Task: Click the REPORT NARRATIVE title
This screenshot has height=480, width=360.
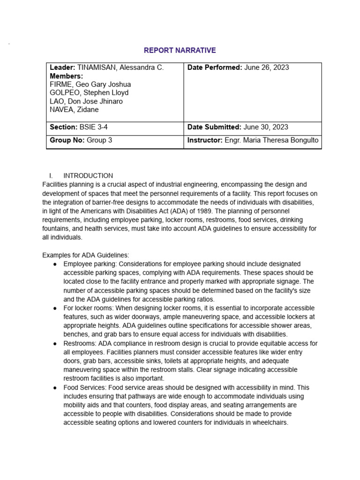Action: (x=180, y=50)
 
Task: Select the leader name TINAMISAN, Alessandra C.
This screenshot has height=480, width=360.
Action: (x=120, y=67)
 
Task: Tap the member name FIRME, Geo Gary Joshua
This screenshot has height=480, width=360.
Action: (x=90, y=84)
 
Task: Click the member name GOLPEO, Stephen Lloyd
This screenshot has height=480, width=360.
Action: (x=90, y=93)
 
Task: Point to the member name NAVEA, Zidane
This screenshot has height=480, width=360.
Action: (x=74, y=110)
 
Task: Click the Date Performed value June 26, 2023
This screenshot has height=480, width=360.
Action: (x=267, y=67)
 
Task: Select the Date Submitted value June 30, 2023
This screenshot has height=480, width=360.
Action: (x=266, y=127)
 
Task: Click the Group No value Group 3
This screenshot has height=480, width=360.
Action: (x=99, y=140)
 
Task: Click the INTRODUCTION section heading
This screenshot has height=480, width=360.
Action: (x=88, y=176)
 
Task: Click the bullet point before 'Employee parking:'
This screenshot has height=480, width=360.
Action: (x=55, y=264)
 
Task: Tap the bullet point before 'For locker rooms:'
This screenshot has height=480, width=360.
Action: (x=55, y=308)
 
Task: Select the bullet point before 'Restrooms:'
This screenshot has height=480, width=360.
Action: (x=55, y=344)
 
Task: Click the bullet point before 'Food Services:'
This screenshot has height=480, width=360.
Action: (x=55, y=388)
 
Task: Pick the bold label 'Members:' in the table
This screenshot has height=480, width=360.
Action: (x=67, y=76)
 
